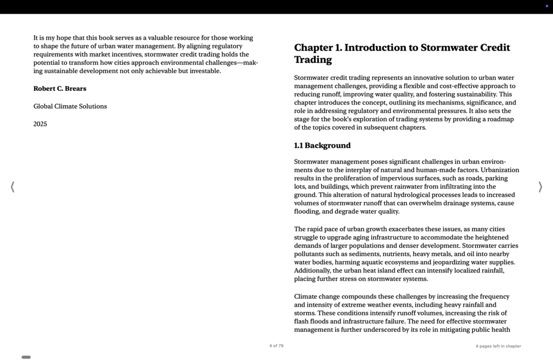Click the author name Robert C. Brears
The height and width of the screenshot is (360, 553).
(x=59, y=89)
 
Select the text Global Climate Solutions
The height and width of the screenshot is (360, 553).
(x=70, y=106)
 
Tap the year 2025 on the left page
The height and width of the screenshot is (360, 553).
(x=40, y=124)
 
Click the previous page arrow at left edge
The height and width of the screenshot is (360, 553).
(x=13, y=187)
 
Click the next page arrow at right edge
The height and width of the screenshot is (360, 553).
(x=540, y=187)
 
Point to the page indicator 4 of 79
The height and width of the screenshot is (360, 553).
(x=276, y=346)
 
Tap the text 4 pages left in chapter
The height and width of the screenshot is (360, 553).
(x=498, y=346)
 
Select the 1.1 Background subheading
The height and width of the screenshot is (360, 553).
(x=322, y=145)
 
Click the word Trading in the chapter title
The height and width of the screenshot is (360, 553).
(x=313, y=60)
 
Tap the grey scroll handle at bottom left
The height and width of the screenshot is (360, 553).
(x=26, y=357)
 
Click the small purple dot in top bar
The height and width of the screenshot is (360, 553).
(x=546, y=6)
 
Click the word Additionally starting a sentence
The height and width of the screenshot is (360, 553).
(x=312, y=271)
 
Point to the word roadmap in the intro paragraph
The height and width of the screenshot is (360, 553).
(x=501, y=119)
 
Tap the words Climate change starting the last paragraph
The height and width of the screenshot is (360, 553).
(x=319, y=297)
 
